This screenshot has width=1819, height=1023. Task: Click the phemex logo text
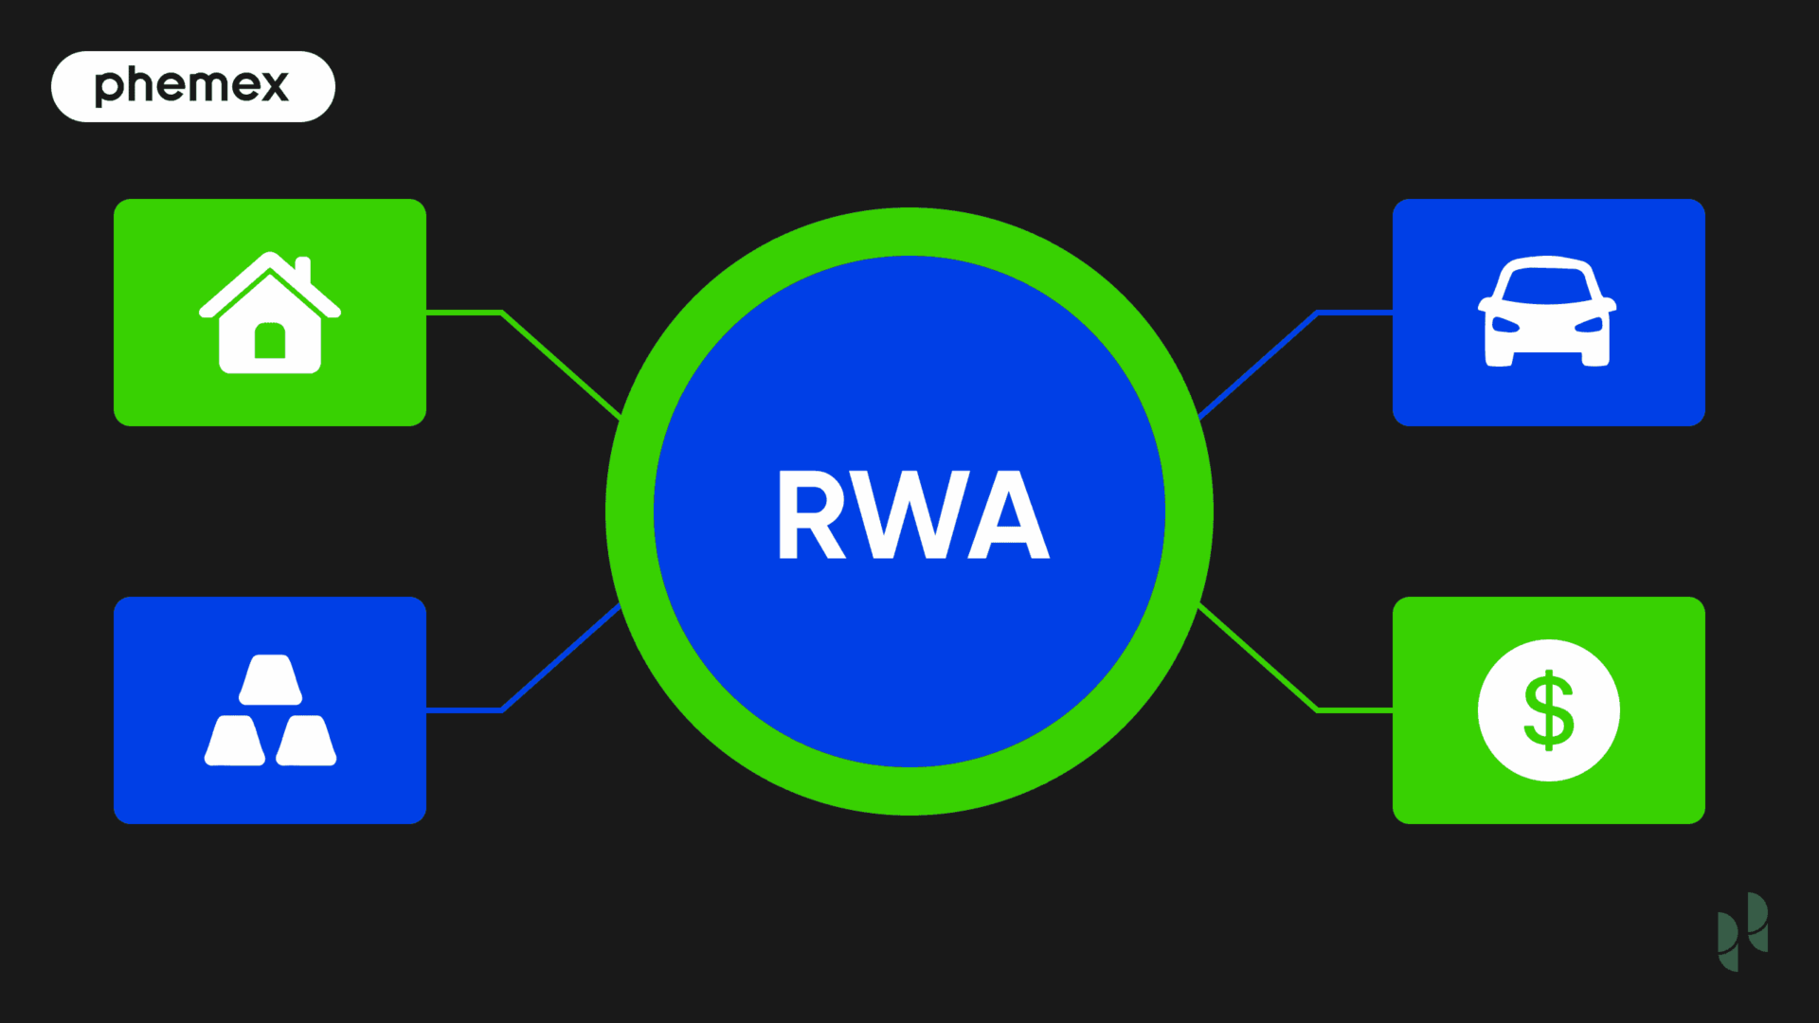[191, 85]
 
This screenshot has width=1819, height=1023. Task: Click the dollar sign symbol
[1549, 710]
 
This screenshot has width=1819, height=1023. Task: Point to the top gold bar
[270, 679]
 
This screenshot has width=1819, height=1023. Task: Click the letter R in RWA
[811, 514]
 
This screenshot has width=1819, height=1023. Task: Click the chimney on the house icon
[303, 270]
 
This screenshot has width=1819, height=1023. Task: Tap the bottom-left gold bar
[235, 741]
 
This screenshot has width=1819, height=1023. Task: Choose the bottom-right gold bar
[306, 741]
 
